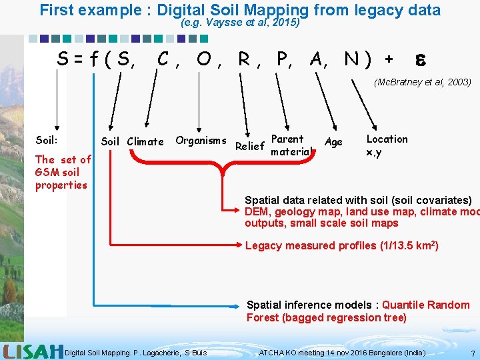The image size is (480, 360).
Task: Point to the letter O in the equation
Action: [x=205, y=59]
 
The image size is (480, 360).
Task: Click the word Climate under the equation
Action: [x=145, y=141]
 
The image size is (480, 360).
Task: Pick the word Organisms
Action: [x=201, y=140]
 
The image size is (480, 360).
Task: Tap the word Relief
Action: [x=250, y=146]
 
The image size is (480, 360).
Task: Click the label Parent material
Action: [x=288, y=145]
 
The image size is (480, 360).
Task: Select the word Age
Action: [x=333, y=141]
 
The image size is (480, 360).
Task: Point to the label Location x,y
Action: [x=387, y=145]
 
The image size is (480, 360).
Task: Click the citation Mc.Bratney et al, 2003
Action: [x=423, y=83]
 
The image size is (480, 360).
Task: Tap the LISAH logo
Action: [x=33, y=351]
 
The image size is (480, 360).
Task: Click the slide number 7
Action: [x=472, y=352]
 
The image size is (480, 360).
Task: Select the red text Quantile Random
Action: [x=425, y=305]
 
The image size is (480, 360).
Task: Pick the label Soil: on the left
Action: [x=47, y=140]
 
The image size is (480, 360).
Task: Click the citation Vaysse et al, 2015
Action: [x=240, y=22]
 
